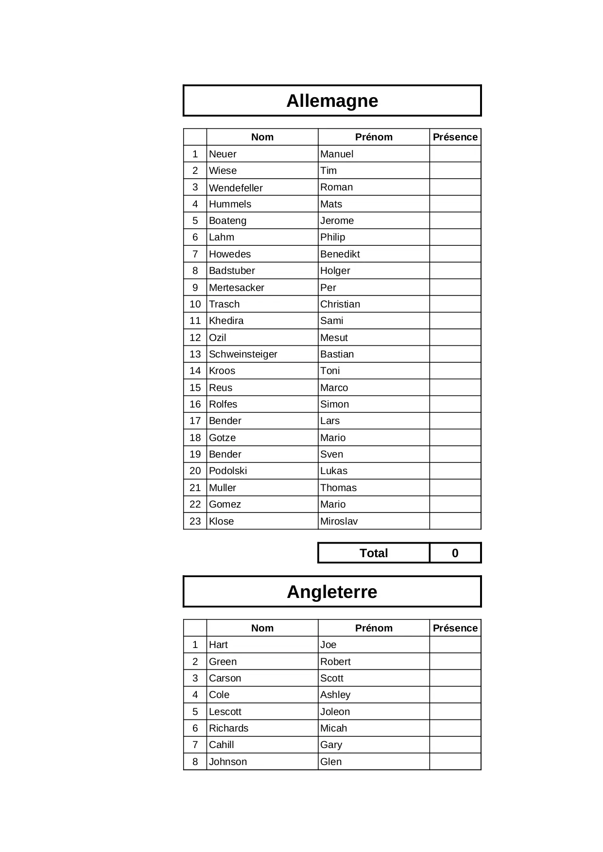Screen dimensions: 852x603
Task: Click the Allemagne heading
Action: [332, 101]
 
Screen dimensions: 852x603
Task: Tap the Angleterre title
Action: [332, 592]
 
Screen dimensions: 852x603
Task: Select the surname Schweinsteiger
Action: [243, 354]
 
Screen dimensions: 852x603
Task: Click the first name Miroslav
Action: [339, 521]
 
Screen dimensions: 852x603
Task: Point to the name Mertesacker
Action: [237, 288]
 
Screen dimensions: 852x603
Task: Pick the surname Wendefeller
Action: [236, 187]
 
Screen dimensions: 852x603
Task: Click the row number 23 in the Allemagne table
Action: [195, 521]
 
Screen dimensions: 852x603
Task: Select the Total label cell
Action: [373, 553]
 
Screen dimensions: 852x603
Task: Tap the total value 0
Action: [455, 553]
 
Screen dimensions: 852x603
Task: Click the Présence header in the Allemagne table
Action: [455, 137]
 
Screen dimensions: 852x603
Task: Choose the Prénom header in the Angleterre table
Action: [373, 628]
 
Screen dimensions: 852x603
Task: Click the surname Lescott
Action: [225, 712]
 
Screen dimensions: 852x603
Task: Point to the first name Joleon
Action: [335, 712]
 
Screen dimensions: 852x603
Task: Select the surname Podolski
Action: [228, 471]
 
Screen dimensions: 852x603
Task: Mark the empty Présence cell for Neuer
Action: [455, 154]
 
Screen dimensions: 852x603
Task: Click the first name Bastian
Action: [337, 354]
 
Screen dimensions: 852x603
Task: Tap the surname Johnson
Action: [228, 762]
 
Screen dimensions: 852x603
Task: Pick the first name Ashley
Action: [335, 695]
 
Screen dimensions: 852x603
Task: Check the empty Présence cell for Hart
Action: [455, 645]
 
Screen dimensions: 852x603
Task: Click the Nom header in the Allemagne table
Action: [262, 137]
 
